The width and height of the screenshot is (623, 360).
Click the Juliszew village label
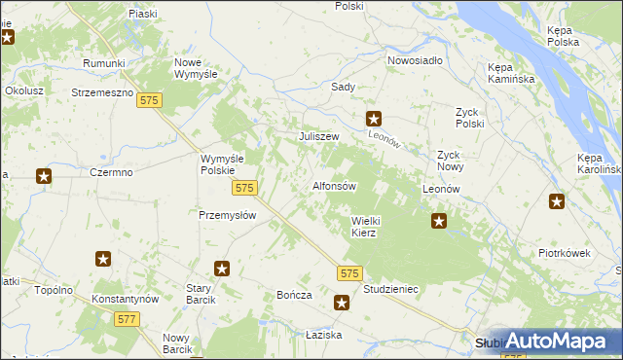318,136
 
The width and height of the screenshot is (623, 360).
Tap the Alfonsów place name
335,186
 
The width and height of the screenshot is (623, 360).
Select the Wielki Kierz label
370,227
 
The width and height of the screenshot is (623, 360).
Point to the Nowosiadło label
415,60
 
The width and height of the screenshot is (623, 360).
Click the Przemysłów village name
227,216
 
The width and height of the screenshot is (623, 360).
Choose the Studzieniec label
390,289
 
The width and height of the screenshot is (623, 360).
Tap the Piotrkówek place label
566,253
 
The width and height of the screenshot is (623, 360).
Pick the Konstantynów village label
124,299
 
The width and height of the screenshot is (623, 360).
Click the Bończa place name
293,295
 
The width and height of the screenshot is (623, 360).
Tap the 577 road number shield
126,318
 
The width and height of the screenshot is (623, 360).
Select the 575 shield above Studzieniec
350,274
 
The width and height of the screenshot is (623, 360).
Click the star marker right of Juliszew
374,119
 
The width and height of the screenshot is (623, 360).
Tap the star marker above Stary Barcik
222,269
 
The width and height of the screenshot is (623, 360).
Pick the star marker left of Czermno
44,176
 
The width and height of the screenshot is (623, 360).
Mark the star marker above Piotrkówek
557,202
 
